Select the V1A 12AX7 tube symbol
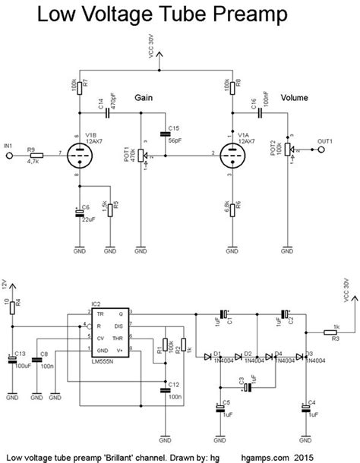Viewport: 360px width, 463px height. [x=229, y=157]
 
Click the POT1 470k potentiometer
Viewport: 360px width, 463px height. [x=141, y=157]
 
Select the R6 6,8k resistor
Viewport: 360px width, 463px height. [x=229, y=206]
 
